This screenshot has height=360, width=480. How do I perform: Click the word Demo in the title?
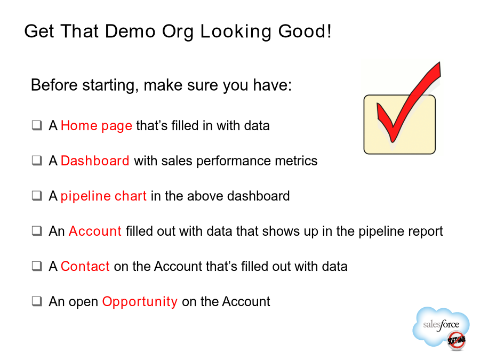(x=130, y=31)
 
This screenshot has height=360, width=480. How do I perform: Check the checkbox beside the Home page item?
(x=37, y=125)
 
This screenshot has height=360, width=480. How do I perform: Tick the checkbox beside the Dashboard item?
(x=37, y=161)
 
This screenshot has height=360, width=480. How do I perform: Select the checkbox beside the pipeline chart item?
(x=37, y=196)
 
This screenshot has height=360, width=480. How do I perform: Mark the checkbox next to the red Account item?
(x=37, y=231)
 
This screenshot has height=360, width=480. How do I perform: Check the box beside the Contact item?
(x=37, y=266)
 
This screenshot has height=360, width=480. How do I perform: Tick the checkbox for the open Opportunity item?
(x=37, y=301)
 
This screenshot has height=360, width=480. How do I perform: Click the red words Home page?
(x=97, y=126)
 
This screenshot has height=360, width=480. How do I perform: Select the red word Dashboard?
(x=95, y=161)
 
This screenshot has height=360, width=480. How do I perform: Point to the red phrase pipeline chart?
(x=103, y=196)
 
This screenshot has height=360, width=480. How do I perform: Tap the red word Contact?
(x=85, y=266)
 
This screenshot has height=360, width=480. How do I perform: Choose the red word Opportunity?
(x=140, y=302)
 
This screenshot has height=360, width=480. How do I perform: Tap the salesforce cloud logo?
(x=441, y=326)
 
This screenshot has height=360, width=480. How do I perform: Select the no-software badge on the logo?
(x=457, y=340)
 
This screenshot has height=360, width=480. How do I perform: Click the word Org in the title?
(x=178, y=32)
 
